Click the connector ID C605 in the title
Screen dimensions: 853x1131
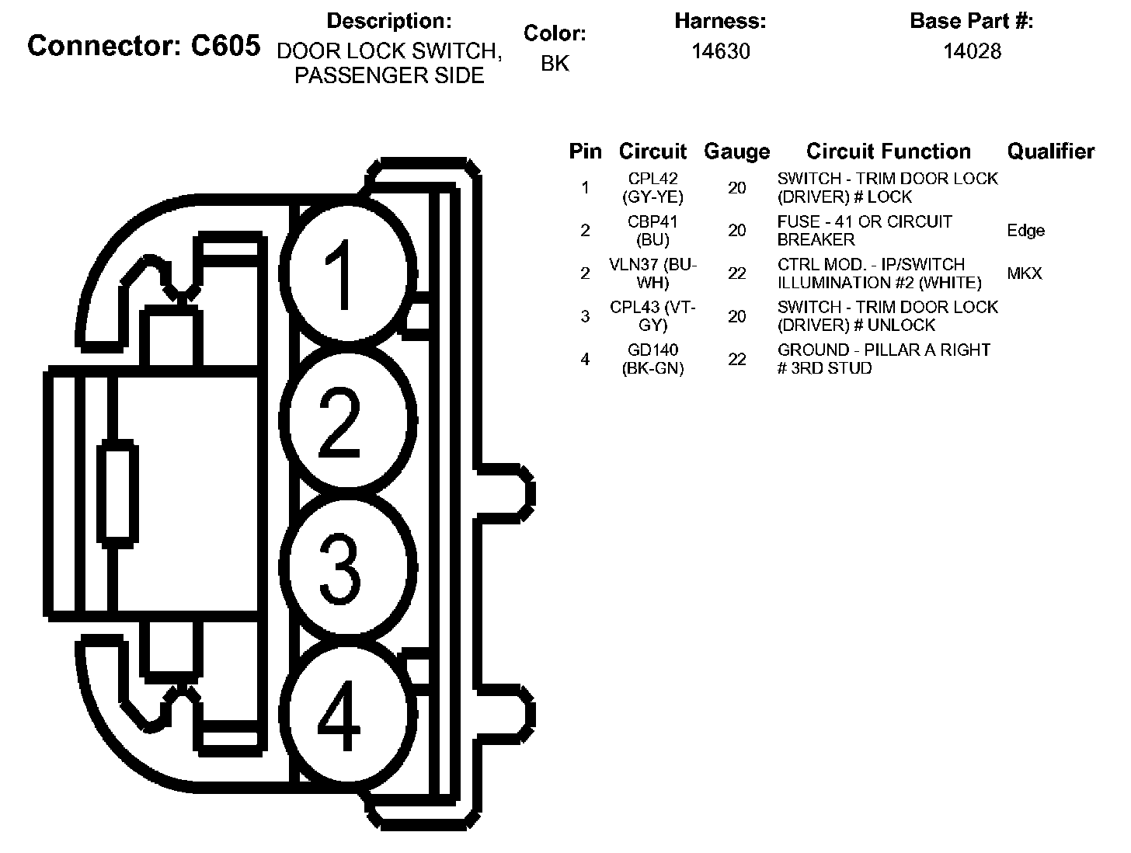pyautogui.click(x=225, y=46)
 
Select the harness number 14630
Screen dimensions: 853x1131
pyautogui.click(x=721, y=51)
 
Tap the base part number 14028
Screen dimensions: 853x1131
pyautogui.click(x=972, y=51)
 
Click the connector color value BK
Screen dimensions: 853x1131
pyautogui.click(x=555, y=64)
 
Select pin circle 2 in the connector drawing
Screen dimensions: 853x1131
pyautogui.click(x=343, y=423)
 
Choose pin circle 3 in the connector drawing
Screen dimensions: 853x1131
pyautogui.click(x=343, y=569)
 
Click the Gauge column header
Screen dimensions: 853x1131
pyautogui.click(x=736, y=151)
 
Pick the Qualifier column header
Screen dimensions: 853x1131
pyautogui.click(x=1050, y=151)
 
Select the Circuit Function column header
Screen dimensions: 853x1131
pyautogui.click(x=888, y=151)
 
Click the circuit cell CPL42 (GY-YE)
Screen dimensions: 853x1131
pyautogui.click(x=652, y=188)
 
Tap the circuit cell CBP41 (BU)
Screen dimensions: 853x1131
pyautogui.click(x=652, y=231)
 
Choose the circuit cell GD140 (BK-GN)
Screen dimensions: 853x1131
pyautogui.click(x=652, y=360)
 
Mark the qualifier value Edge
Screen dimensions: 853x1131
pyautogui.click(x=1025, y=231)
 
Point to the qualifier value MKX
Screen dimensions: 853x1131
pyautogui.click(x=1024, y=273)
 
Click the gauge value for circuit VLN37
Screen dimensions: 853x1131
pyautogui.click(x=736, y=273)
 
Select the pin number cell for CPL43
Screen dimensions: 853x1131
pyautogui.click(x=585, y=316)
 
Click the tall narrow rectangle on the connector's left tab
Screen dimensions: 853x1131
pyautogui.click(x=118, y=493)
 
